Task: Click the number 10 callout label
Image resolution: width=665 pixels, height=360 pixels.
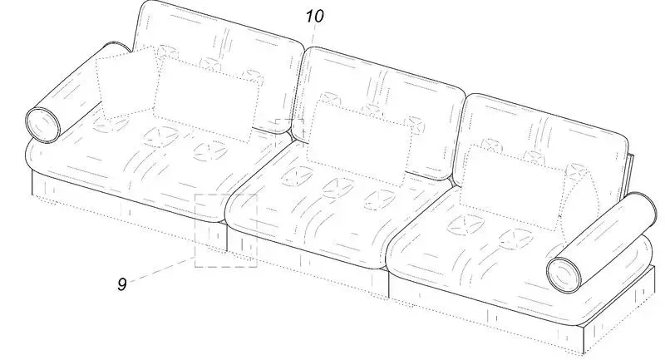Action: tap(315, 16)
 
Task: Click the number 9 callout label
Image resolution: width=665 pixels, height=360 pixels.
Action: tap(122, 284)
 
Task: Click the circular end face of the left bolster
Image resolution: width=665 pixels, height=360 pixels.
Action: tap(43, 125)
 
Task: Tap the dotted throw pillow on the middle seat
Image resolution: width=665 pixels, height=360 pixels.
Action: tap(359, 144)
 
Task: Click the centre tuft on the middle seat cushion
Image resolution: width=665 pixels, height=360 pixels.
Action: tap(337, 188)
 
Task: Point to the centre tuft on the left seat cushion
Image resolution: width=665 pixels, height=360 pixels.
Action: tap(160, 136)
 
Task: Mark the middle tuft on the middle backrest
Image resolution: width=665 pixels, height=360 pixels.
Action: tap(372, 109)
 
